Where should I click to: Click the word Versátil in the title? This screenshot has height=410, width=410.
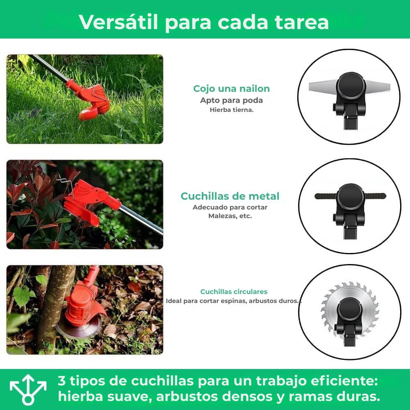[x=118, y=22]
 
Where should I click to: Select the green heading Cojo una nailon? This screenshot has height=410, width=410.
[x=231, y=89]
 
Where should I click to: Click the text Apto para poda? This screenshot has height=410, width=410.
[x=231, y=100]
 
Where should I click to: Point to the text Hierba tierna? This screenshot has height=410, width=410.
[x=232, y=110]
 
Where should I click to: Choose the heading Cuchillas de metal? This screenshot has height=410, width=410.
[x=230, y=196]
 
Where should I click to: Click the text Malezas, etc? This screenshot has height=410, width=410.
[x=230, y=216]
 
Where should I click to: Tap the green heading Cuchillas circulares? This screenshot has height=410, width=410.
[x=234, y=292]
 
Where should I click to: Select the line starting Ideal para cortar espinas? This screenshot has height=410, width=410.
[x=234, y=301]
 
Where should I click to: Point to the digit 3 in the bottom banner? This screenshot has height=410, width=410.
[x=61, y=381]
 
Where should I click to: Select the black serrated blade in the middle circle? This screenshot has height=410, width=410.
[x=326, y=196]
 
